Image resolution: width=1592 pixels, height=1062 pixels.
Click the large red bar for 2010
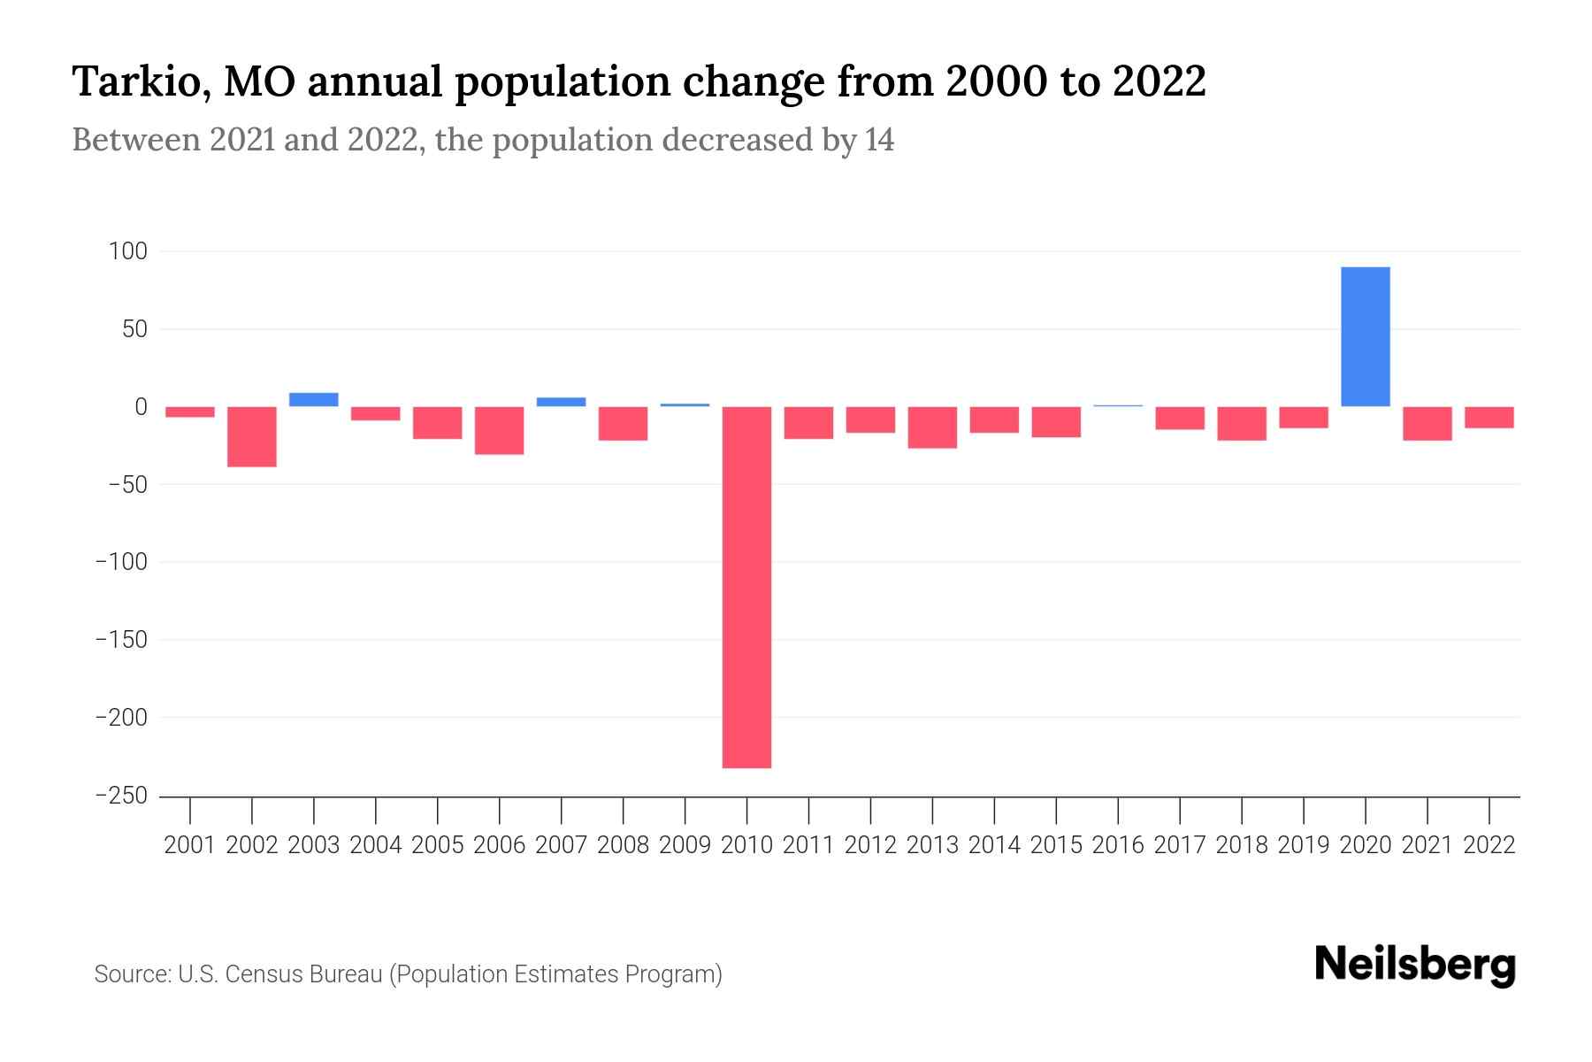coord(746,587)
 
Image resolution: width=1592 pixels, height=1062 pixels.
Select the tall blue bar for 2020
coord(1365,336)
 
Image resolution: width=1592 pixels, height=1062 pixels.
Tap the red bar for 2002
coord(252,436)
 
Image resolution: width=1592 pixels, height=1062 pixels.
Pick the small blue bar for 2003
coord(314,399)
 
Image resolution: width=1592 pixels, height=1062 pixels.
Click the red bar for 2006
coord(500,430)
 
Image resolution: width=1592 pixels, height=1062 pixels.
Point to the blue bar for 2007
coord(561,402)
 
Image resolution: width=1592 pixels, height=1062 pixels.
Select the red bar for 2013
coord(932,427)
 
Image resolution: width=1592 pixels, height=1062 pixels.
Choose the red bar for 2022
coord(1489,418)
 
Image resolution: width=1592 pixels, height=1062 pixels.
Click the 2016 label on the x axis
coord(1118,845)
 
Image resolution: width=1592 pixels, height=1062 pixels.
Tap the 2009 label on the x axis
coord(685,845)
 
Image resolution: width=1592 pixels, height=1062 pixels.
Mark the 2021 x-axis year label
coord(1427,845)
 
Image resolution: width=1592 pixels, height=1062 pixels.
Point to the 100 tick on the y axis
coord(127,251)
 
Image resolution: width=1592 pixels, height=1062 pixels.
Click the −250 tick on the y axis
coord(121,796)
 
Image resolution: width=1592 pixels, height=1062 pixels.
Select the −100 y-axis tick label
coord(121,562)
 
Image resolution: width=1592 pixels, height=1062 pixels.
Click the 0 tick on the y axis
coord(140,407)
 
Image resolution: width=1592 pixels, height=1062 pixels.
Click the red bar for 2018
coord(1241,423)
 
